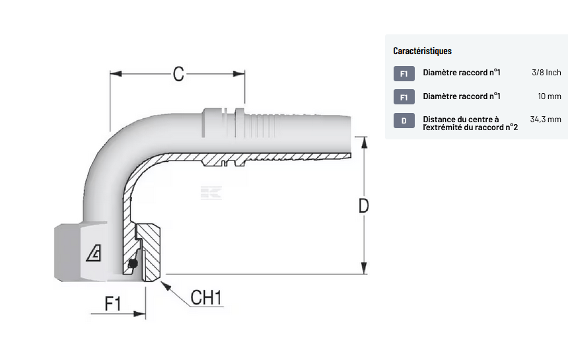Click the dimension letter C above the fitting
pos(178,73)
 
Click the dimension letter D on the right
pos(363,205)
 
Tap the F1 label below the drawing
pos(113,305)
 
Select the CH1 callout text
pos(206,297)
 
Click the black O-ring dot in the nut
pos(133,264)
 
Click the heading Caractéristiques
pos(422,51)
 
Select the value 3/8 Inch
pos(546,73)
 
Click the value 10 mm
pos(549,96)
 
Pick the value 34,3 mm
pos(545,120)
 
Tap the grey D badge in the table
pos(404,121)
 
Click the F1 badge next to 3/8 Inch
pos(404,73)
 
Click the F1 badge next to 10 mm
pos(404,97)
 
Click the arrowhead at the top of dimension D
pos(363,141)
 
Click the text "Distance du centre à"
pos(461,120)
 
